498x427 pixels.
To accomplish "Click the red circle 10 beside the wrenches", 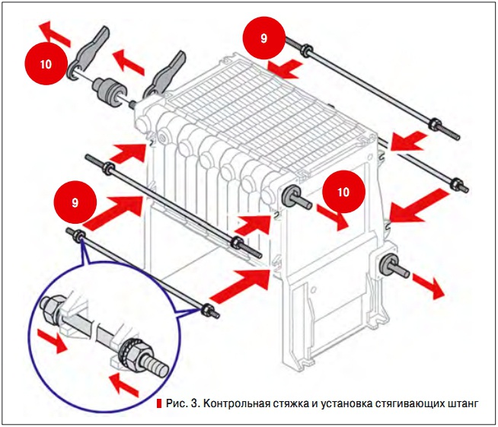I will [x=46, y=63].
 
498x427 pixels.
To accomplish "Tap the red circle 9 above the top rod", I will [x=263, y=37].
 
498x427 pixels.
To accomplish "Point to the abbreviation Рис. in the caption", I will [x=177, y=403].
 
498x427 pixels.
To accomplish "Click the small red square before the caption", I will [x=159, y=403].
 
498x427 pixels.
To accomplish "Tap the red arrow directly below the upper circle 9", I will [x=289, y=71].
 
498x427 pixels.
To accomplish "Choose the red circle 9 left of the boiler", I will [x=75, y=203].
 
